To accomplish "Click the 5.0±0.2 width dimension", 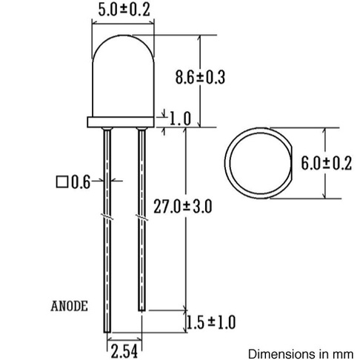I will (x=123, y=10).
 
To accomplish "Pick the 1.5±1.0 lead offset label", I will (x=212, y=322).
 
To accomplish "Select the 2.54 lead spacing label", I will (x=123, y=347).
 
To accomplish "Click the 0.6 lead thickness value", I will (x=81, y=180).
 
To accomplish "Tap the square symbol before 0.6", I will (x=61, y=180).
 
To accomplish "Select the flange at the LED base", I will (x=123, y=120).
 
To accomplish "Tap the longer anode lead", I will (x=106, y=244).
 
